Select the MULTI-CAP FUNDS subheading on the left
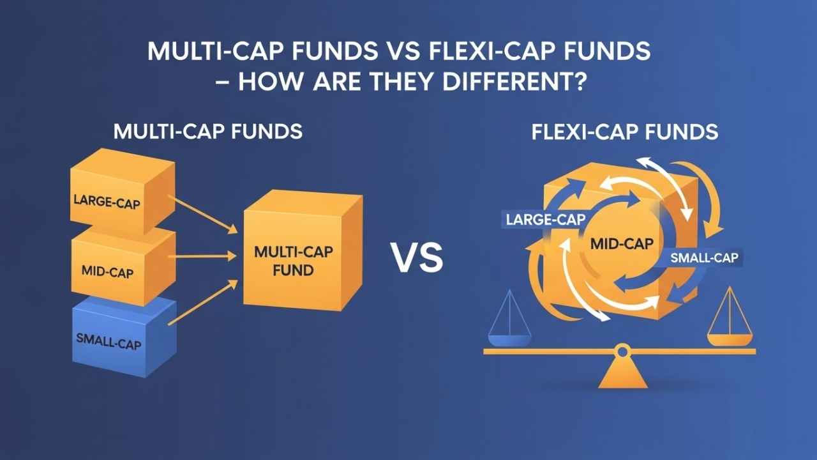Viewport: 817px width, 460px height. pyautogui.click(x=207, y=132)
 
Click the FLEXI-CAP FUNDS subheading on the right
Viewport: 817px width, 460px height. pyautogui.click(x=624, y=132)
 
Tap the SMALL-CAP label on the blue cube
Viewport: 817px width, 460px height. pyautogui.click(x=108, y=341)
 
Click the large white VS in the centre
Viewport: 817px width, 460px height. pyautogui.click(x=416, y=259)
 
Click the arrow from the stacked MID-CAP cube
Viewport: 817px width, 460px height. pyautogui.click(x=204, y=257)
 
